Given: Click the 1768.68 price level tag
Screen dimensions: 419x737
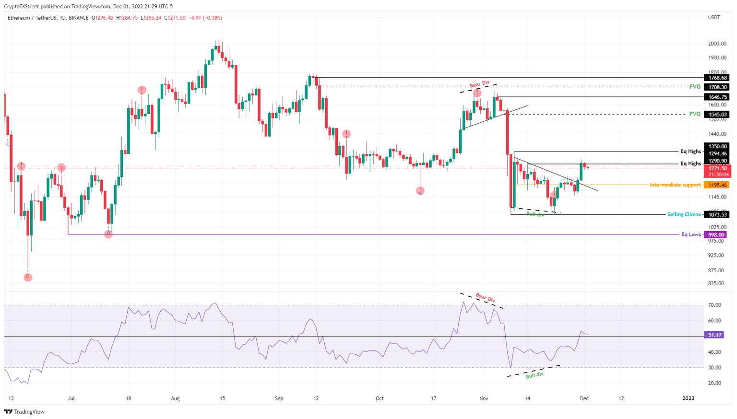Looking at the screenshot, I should tap(716, 78).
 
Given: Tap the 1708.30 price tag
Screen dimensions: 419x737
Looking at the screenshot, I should tap(716, 87).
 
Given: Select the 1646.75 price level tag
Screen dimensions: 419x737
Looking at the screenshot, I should tap(716, 97).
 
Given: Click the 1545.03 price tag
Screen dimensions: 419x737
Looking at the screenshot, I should tap(716, 115).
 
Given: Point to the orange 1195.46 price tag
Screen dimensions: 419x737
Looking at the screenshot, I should tap(716, 185).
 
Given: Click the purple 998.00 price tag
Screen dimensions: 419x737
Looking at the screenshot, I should tap(716, 235).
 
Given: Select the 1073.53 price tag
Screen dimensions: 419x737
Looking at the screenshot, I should tap(716, 215).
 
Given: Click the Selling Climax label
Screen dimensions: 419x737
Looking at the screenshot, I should tap(684, 215).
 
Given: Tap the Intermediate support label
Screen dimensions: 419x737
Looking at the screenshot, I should tap(675, 185).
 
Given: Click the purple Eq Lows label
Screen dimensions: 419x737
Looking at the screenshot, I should tap(691, 235).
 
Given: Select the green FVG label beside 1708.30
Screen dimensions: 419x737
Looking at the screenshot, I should tap(694, 87).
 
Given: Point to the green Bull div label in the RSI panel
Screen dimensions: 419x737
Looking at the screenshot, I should tap(535, 375).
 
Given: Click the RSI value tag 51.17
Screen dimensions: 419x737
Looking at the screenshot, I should tap(715, 335).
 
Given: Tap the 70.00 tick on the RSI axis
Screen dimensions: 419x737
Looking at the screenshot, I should tap(714, 305).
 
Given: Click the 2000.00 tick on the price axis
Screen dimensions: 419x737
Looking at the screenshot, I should tap(717, 44).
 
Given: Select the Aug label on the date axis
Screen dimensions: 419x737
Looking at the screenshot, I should tap(175, 398).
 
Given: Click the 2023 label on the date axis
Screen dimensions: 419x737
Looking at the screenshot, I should tap(688, 398).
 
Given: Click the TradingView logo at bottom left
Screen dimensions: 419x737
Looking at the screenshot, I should tap(24, 412).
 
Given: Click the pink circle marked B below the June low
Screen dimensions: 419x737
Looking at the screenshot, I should tap(28, 277).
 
